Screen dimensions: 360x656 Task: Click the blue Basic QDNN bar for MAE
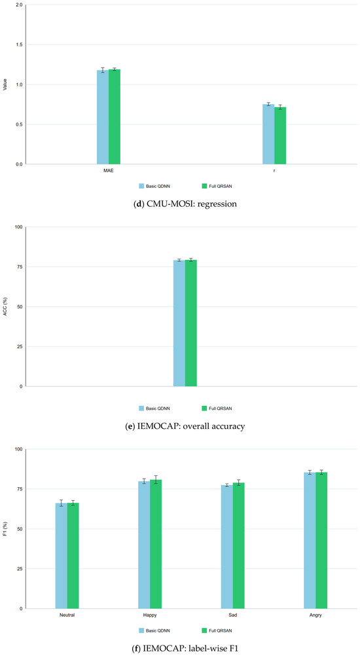tap(103, 117)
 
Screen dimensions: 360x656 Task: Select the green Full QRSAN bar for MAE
tap(115, 117)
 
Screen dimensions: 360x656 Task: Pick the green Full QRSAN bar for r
tap(280, 136)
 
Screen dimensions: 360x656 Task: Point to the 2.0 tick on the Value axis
tap(20, 5)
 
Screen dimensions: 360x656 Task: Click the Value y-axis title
tap(5, 84)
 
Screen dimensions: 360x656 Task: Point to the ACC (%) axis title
tap(5, 306)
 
